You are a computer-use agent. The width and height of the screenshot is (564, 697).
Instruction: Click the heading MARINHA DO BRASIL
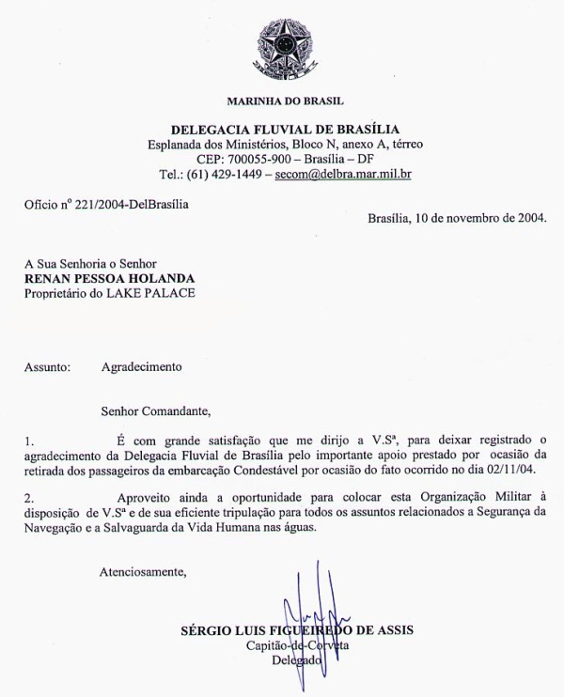click(286, 100)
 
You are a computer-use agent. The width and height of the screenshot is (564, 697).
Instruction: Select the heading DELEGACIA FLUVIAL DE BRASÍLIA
click(286, 129)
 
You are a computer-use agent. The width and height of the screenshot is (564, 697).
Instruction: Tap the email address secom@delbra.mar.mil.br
click(343, 174)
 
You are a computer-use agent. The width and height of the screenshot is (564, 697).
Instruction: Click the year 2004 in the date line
click(529, 218)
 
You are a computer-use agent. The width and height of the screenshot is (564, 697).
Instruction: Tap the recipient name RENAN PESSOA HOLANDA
click(109, 278)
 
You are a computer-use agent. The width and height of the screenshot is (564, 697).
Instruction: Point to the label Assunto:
click(47, 367)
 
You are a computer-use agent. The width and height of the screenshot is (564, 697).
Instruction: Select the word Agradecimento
click(141, 367)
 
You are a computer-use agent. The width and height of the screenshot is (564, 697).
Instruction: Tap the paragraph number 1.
click(27, 439)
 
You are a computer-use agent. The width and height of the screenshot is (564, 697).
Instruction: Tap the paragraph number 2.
click(27, 497)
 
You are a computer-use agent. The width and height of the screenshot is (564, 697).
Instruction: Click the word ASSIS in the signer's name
click(394, 630)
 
